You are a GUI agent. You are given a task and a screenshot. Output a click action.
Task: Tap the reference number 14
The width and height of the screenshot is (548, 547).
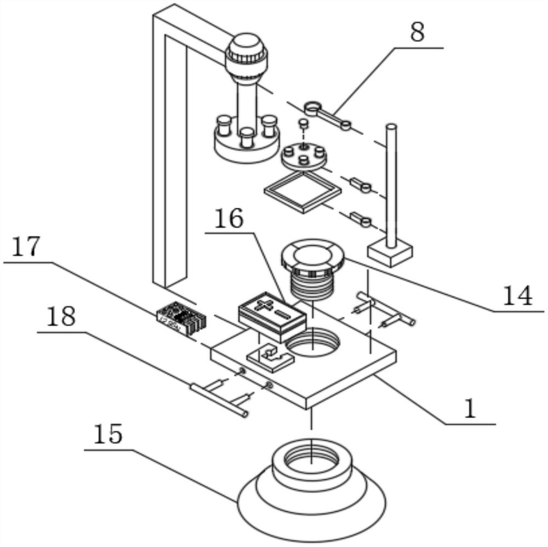tap(517, 296)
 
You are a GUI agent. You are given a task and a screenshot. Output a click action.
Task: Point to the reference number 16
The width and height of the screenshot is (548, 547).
tap(229, 219)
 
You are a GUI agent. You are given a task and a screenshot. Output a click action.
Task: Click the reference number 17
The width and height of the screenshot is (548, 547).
tap(26, 247)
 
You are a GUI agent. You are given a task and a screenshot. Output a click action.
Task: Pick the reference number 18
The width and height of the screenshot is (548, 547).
tap(61, 317)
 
